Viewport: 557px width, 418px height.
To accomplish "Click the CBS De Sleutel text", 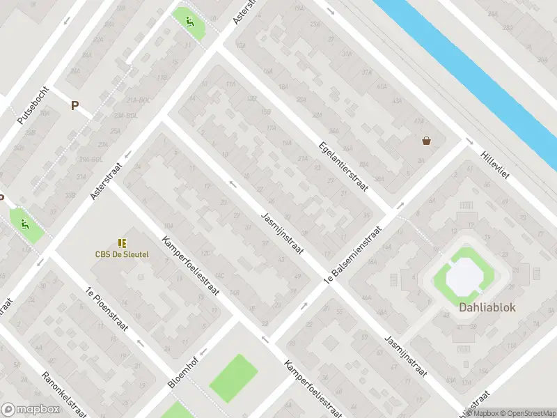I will coord(122,254).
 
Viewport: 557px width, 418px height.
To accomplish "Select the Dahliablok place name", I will coord(487,307).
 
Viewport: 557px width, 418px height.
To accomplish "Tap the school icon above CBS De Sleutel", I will coord(123,243).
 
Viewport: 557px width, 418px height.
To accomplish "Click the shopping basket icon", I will coord(425,141).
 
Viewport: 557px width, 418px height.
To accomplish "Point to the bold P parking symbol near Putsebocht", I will coord(74,106).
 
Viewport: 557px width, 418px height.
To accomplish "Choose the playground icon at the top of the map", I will coord(190,21).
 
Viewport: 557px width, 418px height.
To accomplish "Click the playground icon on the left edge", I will coord(25,225).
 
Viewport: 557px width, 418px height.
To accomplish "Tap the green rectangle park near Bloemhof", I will coord(233,378).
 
